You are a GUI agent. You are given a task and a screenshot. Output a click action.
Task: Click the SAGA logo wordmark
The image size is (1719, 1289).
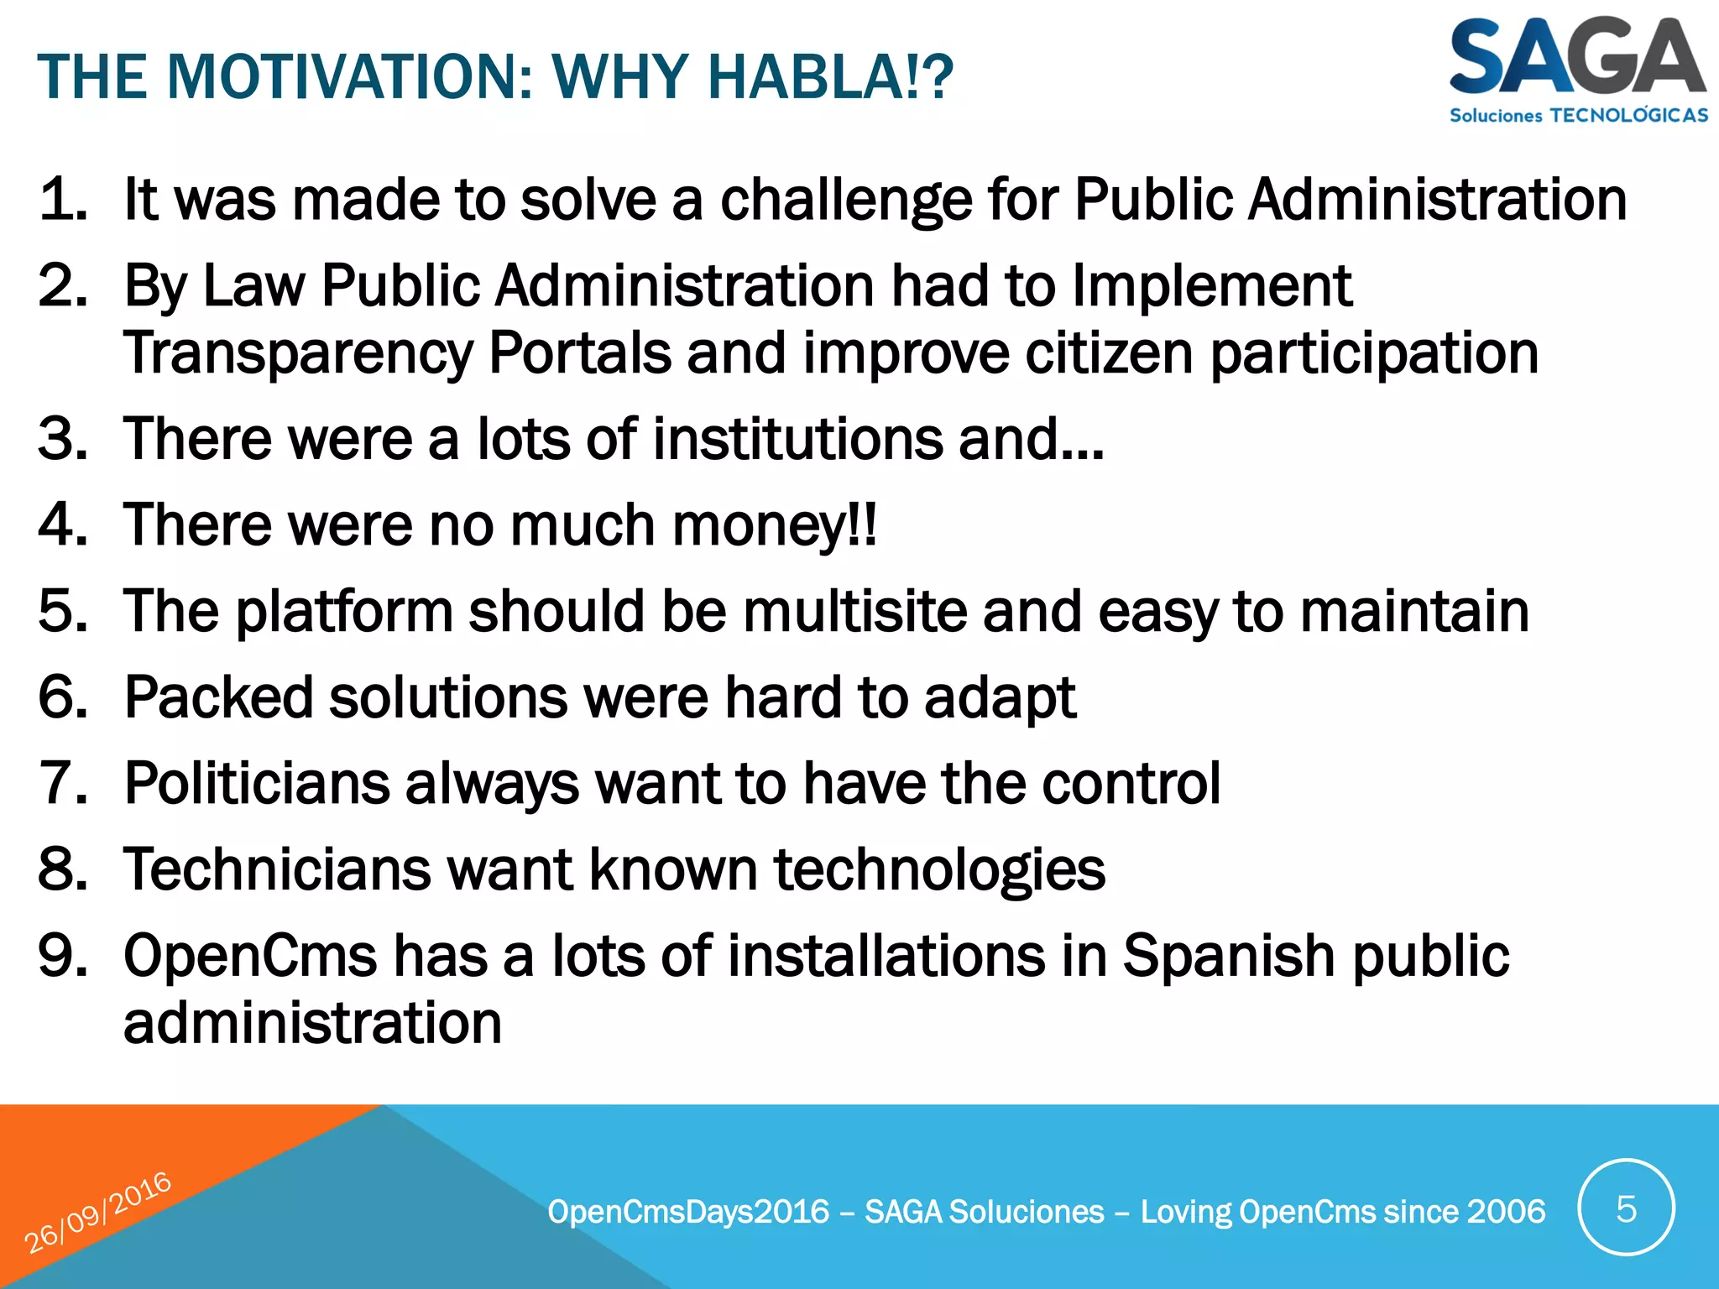(x=1576, y=57)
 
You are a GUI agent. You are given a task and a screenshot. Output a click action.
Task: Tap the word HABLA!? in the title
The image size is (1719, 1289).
(x=829, y=77)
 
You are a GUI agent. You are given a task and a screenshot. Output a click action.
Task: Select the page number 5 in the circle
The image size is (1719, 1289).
(x=1626, y=1209)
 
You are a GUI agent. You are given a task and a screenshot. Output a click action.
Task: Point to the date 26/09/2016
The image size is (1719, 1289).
(x=97, y=1213)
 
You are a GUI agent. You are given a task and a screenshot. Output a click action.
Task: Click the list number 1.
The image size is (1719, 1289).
(x=63, y=200)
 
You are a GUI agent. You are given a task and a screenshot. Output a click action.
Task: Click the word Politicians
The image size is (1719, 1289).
(x=257, y=784)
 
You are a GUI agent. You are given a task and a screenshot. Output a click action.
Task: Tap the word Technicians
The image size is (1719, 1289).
(x=277, y=869)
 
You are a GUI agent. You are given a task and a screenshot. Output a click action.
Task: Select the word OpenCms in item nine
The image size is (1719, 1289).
(x=250, y=956)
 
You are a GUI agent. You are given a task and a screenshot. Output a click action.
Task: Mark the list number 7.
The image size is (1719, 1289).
(x=63, y=784)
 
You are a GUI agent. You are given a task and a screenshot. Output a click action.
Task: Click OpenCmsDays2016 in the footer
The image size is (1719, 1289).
(x=688, y=1212)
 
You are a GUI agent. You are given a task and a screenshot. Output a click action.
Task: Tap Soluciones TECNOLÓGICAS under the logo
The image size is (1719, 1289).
(x=1578, y=115)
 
